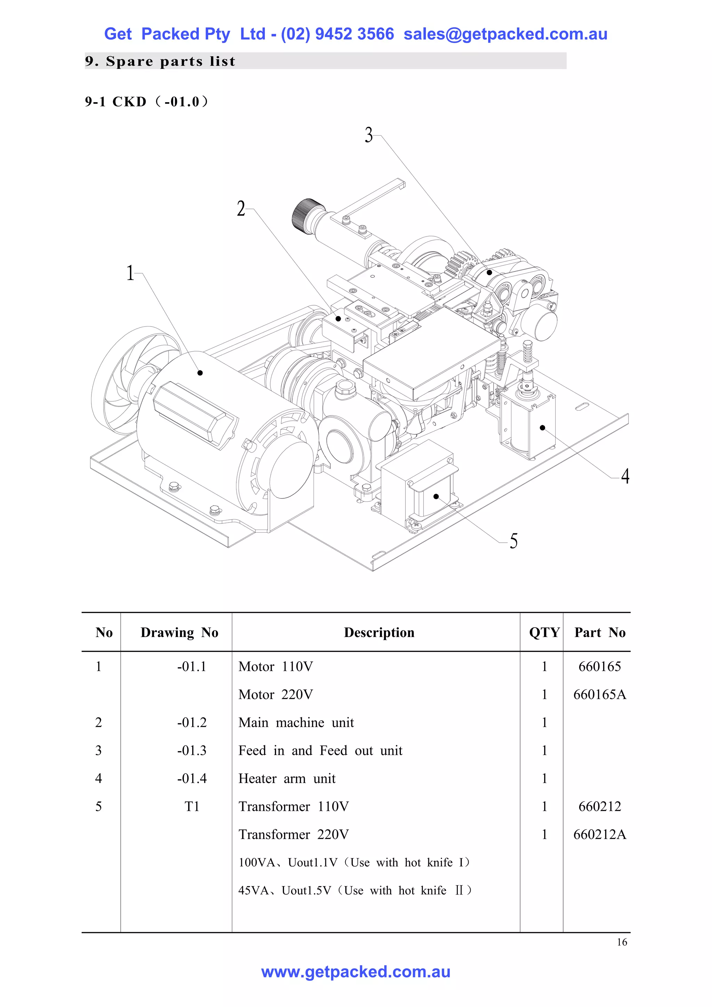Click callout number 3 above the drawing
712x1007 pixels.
(x=369, y=135)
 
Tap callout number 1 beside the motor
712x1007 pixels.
(x=130, y=273)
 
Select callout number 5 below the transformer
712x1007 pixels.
(x=513, y=541)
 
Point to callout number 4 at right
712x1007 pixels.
(x=625, y=476)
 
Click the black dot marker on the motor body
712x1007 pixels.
(x=200, y=373)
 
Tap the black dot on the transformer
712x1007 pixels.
(x=436, y=497)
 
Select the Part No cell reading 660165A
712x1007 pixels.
(x=599, y=694)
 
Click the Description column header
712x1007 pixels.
(x=379, y=633)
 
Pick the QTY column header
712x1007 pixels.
(x=544, y=633)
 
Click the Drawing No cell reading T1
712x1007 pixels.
(x=192, y=806)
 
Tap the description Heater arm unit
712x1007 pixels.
(x=287, y=779)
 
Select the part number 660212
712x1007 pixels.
(x=599, y=806)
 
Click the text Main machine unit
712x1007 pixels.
(x=296, y=722)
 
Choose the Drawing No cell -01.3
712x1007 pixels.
(x=192, y=750)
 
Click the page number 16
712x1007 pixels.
(x=622, y=942)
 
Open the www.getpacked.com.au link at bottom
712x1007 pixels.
(x=356, y=972)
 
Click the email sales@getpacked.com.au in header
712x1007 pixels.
(x=505, y=34)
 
